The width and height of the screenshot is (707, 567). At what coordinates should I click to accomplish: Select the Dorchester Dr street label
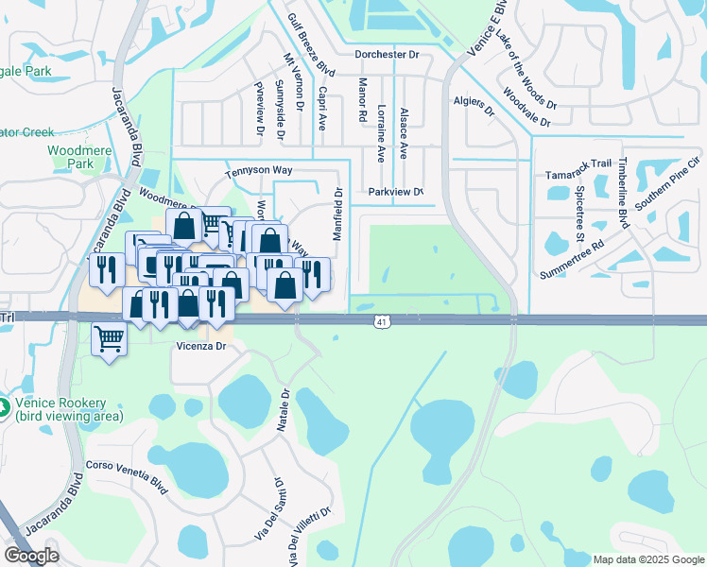coord(386,54)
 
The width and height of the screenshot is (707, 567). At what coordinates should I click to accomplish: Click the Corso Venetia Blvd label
coord(127,472)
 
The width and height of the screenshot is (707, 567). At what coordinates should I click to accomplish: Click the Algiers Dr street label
coord(474,105)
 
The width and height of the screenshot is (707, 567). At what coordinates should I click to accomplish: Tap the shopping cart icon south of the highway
coord(109,338)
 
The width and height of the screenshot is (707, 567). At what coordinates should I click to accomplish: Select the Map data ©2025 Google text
coord(647,558)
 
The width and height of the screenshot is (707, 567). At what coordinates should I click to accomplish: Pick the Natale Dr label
coord(282,412)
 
